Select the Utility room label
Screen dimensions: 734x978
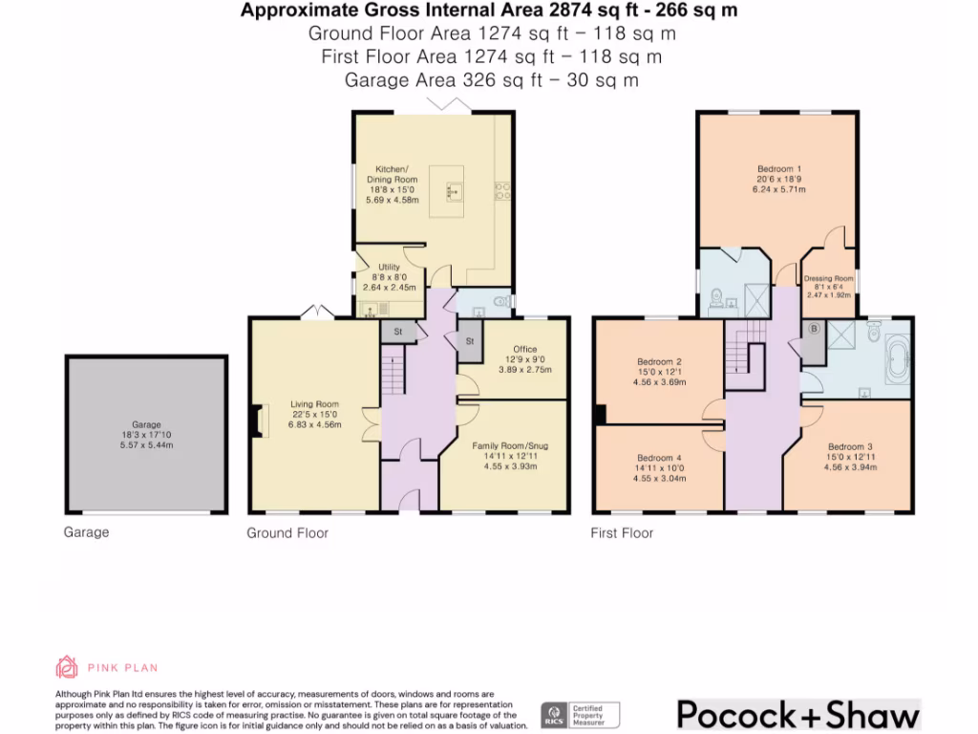(x=389, y=268)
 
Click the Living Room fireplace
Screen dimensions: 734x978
(x=254, y=421)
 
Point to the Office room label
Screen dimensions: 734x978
(x=524, y=349)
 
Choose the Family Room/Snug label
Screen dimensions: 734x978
(x=510, y=445)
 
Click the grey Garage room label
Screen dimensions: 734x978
(x=146, y=424)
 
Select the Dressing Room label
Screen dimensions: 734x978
(x=828, y=278)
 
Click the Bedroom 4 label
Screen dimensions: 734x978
(x=657, y=458)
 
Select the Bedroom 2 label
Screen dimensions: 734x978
(x=659, y=361)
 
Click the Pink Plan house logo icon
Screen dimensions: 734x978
(x=67, y=667)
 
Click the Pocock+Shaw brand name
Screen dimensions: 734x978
(x=797, y=714)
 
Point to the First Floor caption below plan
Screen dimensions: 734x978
(x=622, y=532)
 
